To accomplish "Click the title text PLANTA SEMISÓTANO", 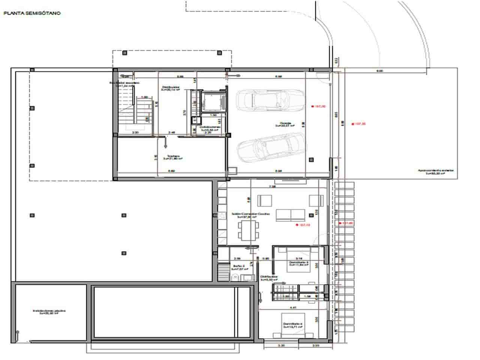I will click(x=32, y=13).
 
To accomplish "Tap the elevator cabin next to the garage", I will click(x=213, y=101).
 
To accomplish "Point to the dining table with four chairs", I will click(x=249, y=230).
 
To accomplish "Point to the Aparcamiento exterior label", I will click(x=436, y=171).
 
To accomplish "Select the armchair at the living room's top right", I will click(x=314, y=201).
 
